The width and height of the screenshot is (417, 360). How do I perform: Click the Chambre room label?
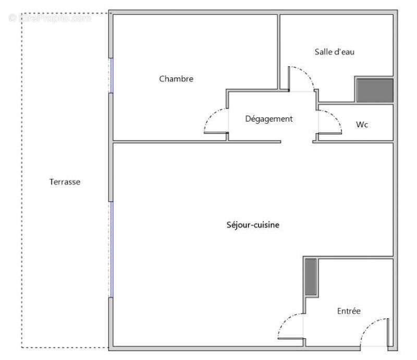click(x=176, y=79)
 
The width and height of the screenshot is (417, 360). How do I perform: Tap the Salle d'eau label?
click(x=335, y=52)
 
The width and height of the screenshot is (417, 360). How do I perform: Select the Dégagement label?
click(x=269, y=119)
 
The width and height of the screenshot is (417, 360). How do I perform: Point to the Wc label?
click(x=362, y=125)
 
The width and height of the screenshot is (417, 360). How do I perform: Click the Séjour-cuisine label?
click(x=253, y=225)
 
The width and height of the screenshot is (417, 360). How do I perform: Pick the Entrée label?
click(x=349, y=311)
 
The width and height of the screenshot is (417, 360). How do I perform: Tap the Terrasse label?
click(x=65, y=182)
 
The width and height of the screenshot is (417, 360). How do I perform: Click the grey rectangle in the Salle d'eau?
click(x=374, y=90)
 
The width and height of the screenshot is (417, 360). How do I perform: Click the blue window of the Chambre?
click(x=111, y=76)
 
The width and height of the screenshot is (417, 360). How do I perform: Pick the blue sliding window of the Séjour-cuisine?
click(x=111, y=249)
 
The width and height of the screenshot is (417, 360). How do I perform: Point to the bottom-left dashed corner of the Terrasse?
click(x=22, y=347)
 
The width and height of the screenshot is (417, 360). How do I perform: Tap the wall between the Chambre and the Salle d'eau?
click(x=279, y=52)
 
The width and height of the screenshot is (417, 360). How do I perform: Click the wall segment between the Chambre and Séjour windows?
click(x=111, y=146)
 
